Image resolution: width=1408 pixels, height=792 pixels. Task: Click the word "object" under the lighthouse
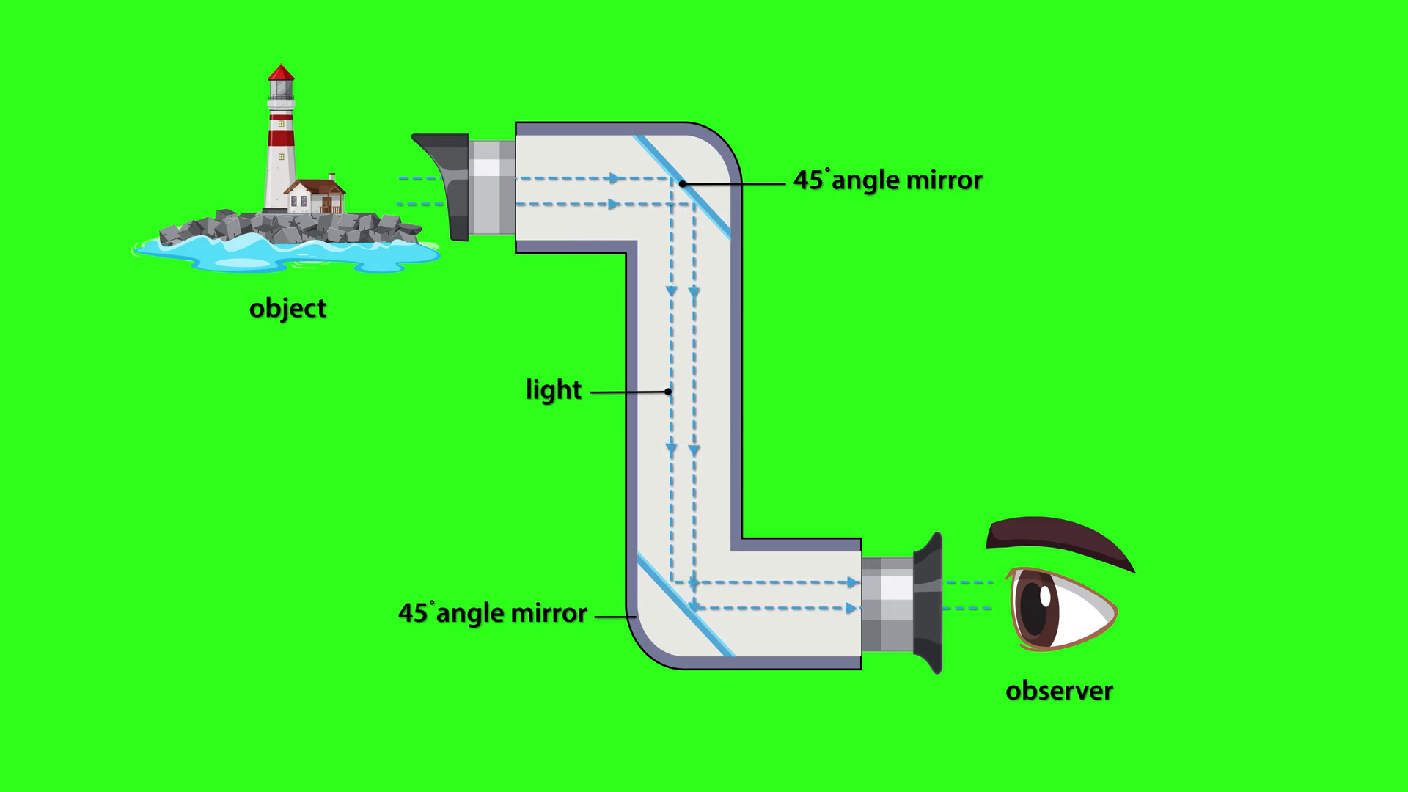point(287,308)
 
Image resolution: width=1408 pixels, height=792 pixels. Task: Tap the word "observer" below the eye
point(1059,691)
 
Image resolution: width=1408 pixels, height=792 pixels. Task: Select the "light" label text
point(553,390)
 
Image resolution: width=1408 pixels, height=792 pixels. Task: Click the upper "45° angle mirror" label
point(887,180)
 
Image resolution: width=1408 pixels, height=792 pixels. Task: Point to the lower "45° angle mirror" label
point(492,613)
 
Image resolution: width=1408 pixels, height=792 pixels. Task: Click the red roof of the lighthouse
point(281,73)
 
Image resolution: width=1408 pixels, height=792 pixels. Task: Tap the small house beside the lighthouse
point(315,197)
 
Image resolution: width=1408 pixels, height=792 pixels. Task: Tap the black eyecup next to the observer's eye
point(928,603)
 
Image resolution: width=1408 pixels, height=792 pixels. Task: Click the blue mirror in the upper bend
point(682,186)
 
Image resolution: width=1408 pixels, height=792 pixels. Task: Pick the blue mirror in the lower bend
point(685,605)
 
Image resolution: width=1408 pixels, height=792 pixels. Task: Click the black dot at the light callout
point(668,392)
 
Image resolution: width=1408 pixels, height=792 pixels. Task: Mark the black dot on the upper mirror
point(682,183)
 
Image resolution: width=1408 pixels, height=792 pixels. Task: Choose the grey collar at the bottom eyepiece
point(887,604)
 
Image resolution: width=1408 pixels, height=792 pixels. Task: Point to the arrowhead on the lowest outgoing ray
point(851,608)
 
